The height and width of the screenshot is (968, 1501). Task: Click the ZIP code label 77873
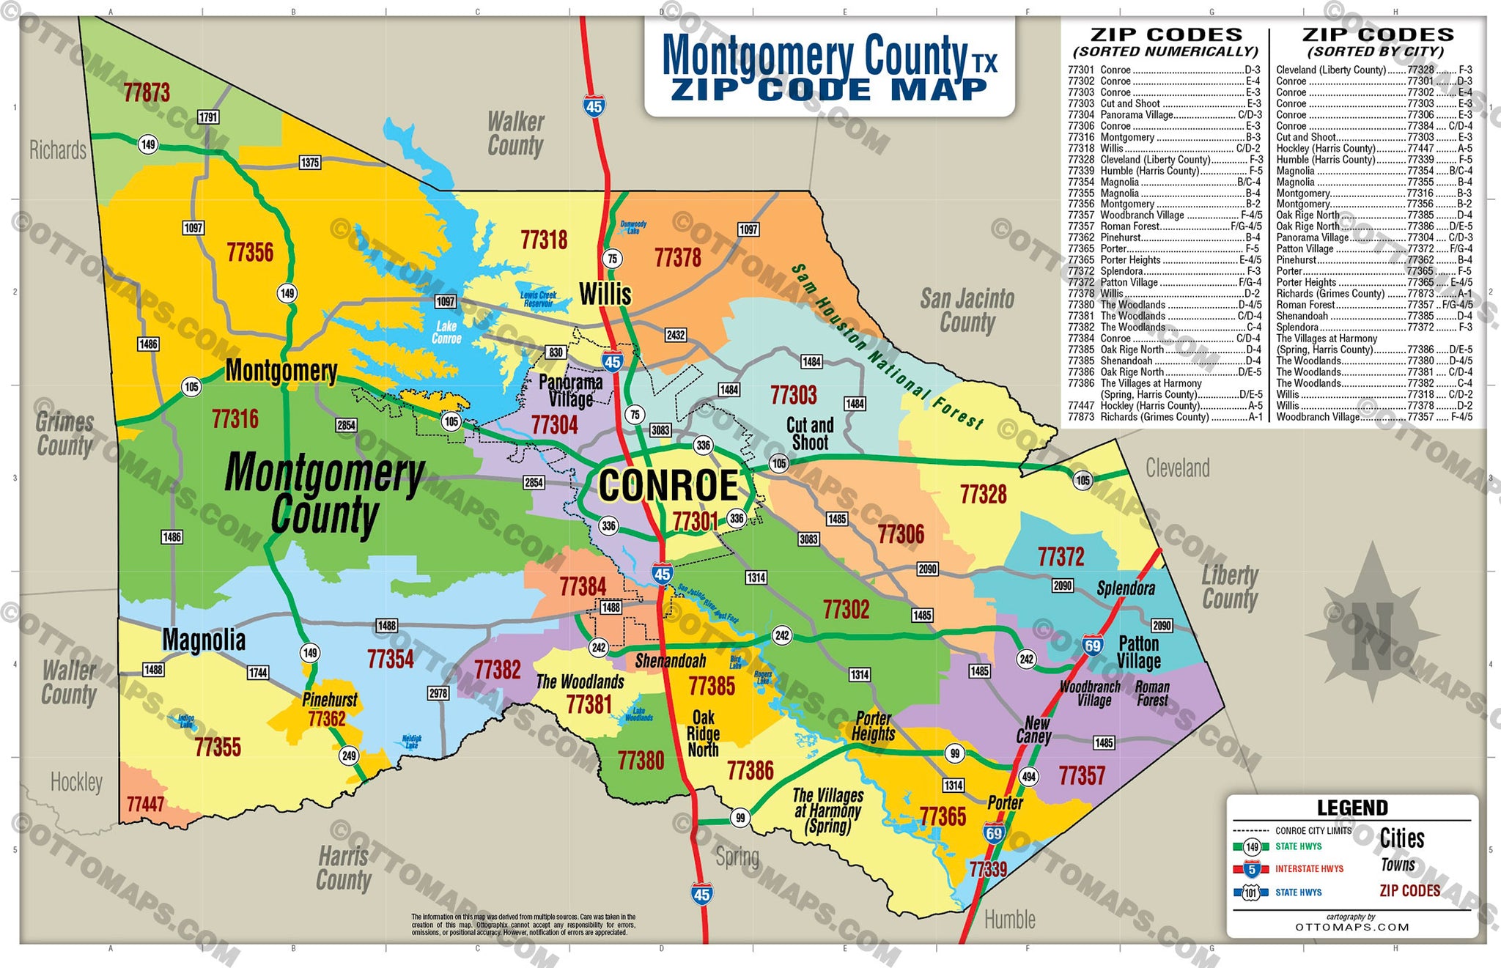(147, 93)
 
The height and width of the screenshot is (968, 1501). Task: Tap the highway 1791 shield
(208, 117)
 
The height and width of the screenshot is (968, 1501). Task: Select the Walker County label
(516, 133)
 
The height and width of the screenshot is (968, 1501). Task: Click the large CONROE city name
(668, 486)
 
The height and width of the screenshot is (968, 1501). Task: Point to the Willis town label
(605, 295)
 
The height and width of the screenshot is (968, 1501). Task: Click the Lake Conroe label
(446, 332)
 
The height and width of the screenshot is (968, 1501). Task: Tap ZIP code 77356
(250, 253)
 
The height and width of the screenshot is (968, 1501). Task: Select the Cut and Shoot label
(810, 434)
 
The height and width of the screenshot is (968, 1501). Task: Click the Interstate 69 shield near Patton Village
(1093, 646)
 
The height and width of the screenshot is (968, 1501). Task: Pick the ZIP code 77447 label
(145, 805)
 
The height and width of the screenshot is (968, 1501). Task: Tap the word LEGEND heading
(1352, 808)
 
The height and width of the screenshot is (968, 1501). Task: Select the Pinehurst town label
(329, 700)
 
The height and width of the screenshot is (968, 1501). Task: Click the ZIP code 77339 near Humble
(988, 869)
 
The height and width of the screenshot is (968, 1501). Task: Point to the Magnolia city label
(204, 640)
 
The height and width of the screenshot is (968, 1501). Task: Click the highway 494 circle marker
(1029, 777)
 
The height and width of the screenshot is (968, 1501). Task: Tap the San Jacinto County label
(967, 311)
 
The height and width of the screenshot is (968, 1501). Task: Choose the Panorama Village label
(570, 391)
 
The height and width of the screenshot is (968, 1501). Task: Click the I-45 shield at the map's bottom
(701, 894)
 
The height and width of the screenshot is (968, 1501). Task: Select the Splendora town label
(1126, 588)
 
